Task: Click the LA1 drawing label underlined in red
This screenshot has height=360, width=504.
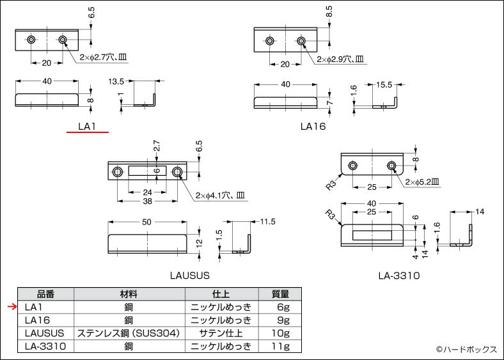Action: [x=86, y=127]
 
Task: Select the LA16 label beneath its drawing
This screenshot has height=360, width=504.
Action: [x=313, y=127]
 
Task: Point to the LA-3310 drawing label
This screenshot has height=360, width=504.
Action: [x=398, y=276]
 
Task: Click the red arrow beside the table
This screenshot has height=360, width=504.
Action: [x=10, y=307]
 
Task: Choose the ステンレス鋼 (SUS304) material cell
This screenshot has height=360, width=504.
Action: [x=129, y=333]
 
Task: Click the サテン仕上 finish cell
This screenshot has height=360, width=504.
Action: [x=221, y=333]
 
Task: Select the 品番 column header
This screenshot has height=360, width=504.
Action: [x=46, y=294]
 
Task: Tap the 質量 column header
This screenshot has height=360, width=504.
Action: [x=280, y=294]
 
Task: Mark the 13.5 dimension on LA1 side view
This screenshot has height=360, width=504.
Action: [x=116, y=82]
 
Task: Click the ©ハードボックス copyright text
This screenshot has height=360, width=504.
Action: [x=466, y=349]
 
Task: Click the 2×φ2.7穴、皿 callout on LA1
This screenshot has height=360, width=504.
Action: [x=104, y=57]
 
